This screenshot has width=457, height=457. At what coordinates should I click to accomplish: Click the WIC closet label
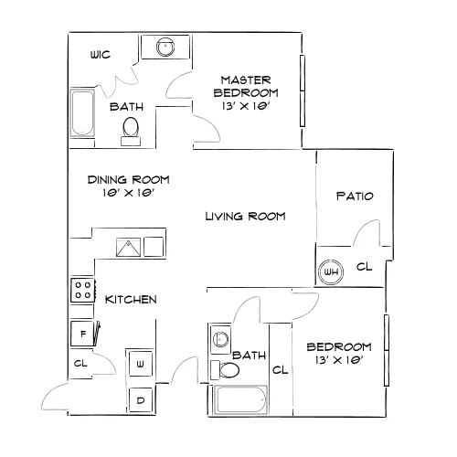[101, 55]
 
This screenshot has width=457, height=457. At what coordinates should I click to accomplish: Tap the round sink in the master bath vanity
[165, 47]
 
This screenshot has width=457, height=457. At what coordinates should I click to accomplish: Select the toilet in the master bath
[131, 132]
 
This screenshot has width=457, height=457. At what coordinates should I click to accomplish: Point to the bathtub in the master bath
[82, 112]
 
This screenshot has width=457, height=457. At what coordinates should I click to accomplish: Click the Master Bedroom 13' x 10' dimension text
[246, 106]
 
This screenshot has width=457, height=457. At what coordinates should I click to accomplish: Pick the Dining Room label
[128, 180]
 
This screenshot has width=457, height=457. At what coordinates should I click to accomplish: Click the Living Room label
[245, 217]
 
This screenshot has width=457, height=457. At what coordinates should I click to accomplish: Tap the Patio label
[355, 196]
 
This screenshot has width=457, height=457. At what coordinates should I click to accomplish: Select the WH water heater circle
[331, 271]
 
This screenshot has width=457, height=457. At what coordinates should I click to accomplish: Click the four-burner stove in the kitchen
[83, 290]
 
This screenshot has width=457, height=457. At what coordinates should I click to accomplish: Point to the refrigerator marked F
[82, 334]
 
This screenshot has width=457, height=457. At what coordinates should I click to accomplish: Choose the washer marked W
[140, 364]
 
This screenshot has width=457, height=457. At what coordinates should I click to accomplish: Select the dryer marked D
[141, 399]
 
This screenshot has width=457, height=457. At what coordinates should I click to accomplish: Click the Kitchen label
[131, 300]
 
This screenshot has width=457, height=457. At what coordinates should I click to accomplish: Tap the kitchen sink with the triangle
[128, 247]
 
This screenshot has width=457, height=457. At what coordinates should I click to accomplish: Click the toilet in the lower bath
[225, 370]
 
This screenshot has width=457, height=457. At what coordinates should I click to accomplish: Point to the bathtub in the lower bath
[240, 399]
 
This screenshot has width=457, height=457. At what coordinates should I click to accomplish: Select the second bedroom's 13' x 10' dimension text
[339, 360]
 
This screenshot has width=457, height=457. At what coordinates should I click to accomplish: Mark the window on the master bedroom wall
[303, 90]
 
